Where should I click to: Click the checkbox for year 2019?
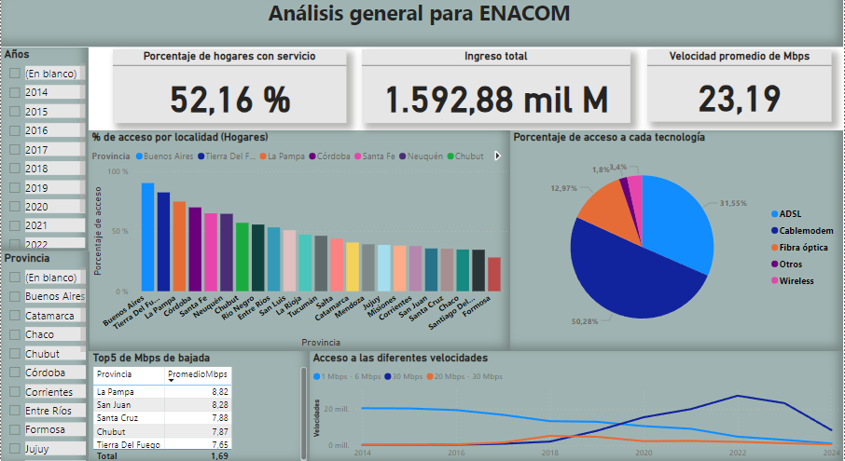pyautogui.click(x=15, y=187)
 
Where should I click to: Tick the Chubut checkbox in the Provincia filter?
pyautogui.click(x=15, y=354)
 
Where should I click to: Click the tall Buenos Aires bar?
pyautogui.click(x=147, y=237)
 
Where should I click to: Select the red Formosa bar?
pyautogui.click(x=494, y=275)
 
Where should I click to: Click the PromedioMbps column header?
pyautogui.click(x=197, y=374)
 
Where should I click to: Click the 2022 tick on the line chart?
pyautogui.click(x=738, y=452)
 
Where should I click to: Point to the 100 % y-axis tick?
pyautogui.click(x=118, y=172)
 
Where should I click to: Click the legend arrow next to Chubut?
pyautogui.click(x=497, y=156)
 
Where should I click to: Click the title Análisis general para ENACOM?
pyautogui.click(x=419, y=14)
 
